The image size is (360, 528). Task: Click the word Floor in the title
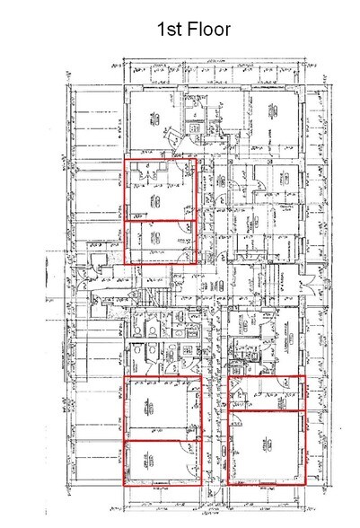[x=206, y=30]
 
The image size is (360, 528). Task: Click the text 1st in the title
[x=169, y=30]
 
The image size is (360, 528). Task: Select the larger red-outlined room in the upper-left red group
[x=159, y=189]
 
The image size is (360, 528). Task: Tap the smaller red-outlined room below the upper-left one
[x=159, y=241]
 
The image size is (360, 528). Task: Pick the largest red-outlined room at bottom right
[x=266, y=445]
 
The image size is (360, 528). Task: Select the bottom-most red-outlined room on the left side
[x=159, y=463]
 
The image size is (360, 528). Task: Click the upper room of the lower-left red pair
[x=159, y=409]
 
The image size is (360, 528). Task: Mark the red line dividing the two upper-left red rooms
[x=159, y=219]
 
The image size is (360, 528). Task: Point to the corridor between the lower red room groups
[x=212, y=431]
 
